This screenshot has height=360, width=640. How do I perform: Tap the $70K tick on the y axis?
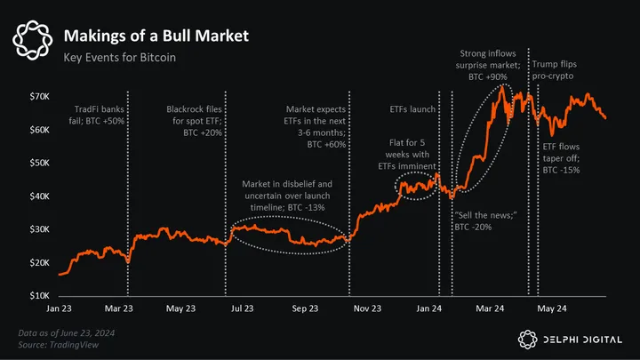(x=36, y=95)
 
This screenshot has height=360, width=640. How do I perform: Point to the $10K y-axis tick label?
(x=36, y=294)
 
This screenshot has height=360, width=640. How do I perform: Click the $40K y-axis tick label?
(x=36, y=196)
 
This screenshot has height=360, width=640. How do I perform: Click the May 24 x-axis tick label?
(x=553, y=308)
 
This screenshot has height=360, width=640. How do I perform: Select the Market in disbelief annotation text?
(x=286, y=195)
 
